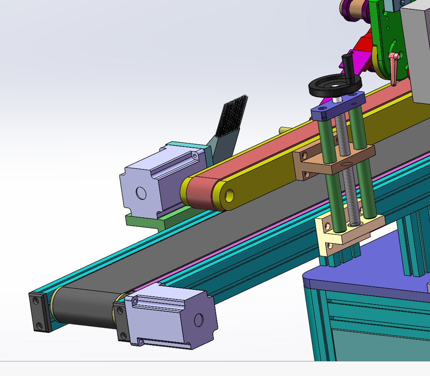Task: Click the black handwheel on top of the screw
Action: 322,87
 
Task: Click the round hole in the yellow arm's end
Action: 229,196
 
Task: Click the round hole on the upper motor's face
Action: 141,193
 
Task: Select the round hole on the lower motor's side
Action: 199,319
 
